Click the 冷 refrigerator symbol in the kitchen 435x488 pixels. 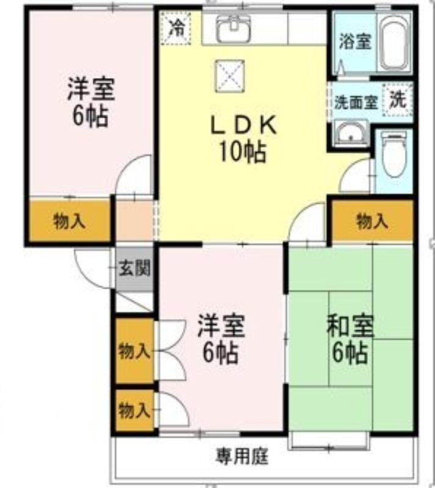tap(176, 27)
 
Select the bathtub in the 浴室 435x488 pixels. tap(395, 43)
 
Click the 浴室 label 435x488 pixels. tap(355, 41)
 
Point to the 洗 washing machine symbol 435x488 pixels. tap(398, 100)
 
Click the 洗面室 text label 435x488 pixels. tap(356, 102)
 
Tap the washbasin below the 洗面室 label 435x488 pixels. tap(351, 133)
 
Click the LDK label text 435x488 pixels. tap(243, 125)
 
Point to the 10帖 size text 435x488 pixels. tap(243, 152)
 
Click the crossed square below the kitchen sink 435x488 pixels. tap(230, 76)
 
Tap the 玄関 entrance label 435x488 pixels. tap(135, 268)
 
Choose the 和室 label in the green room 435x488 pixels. tap(350, 326)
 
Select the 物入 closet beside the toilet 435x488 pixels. tap(372, 221)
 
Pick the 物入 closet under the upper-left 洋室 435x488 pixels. tap(70, 221)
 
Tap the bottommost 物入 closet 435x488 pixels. tap(134, 410)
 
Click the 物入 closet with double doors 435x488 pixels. tap(134, 351)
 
